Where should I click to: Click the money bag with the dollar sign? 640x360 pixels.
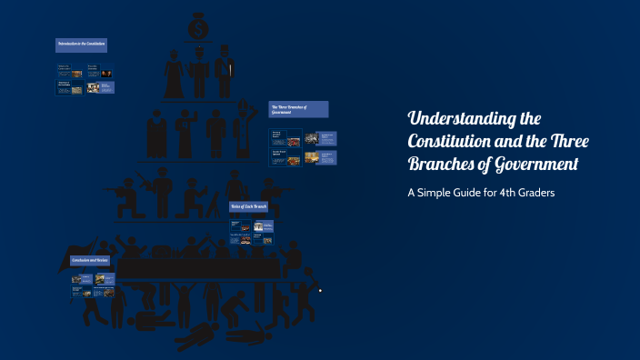[x=198, y=27]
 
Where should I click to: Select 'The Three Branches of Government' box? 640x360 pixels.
[x=298, y=109]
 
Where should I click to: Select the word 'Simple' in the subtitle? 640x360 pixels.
[x=445, y=193]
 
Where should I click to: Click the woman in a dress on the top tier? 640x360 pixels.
[x=174, y=74]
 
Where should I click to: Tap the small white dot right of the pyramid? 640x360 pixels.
[x=320, y=291]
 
